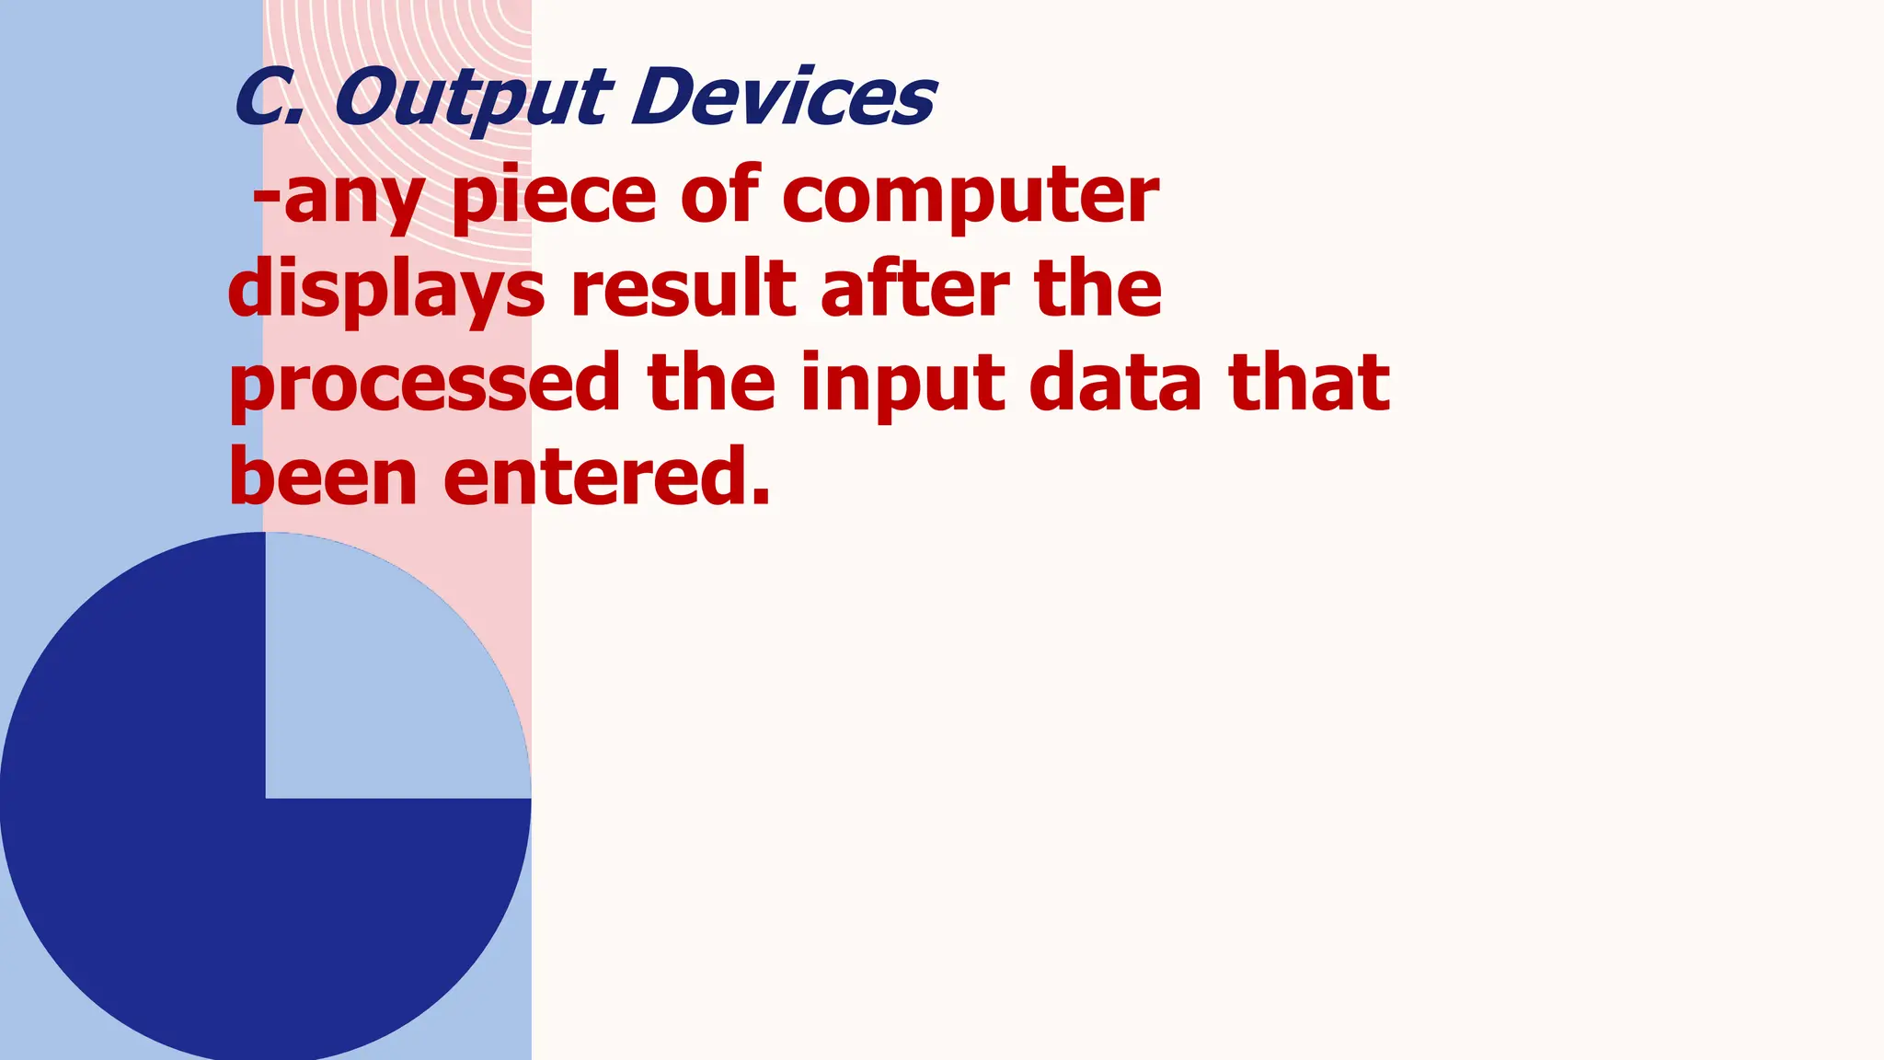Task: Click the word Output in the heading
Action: point(472,99)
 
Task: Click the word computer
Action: point(971,197)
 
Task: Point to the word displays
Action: point(386,291)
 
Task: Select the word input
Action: point(902,385)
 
